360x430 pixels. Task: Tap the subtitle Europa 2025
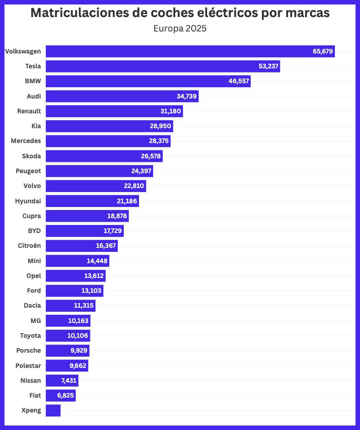coord(180,29)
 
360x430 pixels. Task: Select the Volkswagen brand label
coord(23,51)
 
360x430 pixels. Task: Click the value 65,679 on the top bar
coord(323,51)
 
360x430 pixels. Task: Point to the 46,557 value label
coord(238,81)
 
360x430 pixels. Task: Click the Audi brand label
coord(34,96)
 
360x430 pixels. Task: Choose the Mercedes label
coord(26,141)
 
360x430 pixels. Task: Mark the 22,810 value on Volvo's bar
coord(134,186)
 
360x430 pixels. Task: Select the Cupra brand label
coord(31,216)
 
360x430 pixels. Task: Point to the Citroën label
coord(28,246)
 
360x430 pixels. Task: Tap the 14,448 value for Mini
coord(97,261)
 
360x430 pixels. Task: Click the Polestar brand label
coord(28,365)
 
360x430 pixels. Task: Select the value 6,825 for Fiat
coord(65,395)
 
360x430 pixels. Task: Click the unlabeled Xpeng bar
coord(53,410)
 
